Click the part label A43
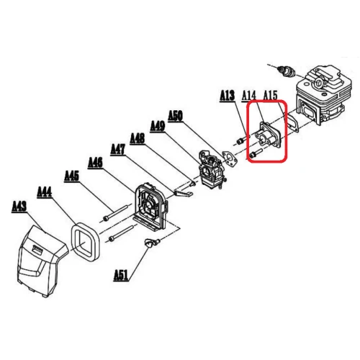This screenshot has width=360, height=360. pyautogui.click(x=20, y=207)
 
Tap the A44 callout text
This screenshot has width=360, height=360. pyautogui.click(x=45, y=192)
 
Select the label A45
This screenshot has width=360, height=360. pyautogui.click(x=71, y=175)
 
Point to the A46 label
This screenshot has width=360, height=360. pyautogui.click(x=95, y=163)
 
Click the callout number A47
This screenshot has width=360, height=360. pyautogui.click(x=118, y=149)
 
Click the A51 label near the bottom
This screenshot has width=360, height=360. pyautogui.click(x=121, y=274)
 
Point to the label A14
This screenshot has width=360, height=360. pyautogui.click(x=249, y=95)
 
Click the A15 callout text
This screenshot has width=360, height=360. pyautogui.click(x=271, y=95)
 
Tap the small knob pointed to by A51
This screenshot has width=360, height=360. pyautogui.click(x=151, y=243)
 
